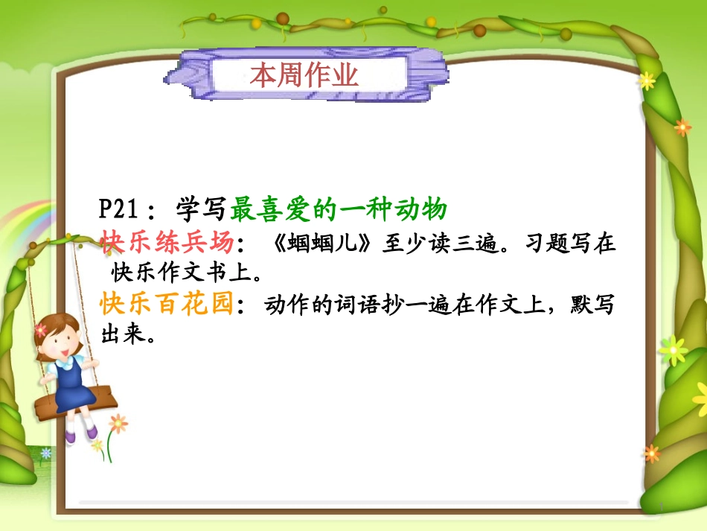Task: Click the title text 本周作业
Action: [304, 74]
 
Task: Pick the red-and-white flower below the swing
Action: [118, 423]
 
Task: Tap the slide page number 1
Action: [660, 506]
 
